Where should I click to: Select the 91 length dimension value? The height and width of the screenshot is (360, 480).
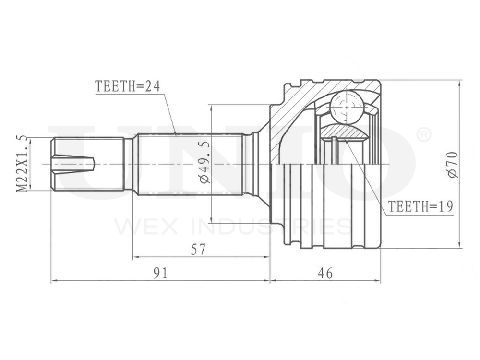point(160,273)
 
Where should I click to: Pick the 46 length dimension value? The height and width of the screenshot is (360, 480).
point(324,273)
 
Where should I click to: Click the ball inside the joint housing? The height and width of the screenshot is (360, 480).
point(346,107)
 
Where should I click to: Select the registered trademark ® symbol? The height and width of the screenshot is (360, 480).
point(423,136)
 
